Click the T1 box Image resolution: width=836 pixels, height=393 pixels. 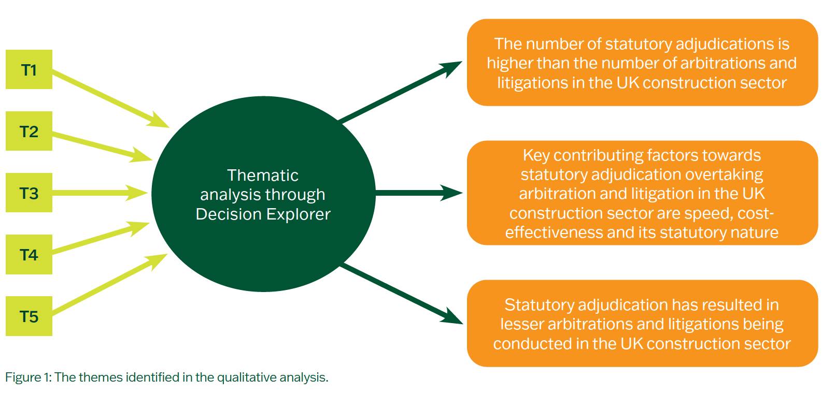pos(29,69)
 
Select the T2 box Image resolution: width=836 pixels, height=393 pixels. pos(29,131)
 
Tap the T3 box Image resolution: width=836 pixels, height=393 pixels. pos(29,193)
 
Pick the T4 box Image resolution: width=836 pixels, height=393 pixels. pos(29,254)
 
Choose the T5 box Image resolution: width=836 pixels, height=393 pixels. pos(29,316)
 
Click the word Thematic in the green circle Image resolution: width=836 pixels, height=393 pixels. pos(263,176)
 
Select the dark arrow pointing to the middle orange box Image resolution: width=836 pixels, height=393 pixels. pos(418,194)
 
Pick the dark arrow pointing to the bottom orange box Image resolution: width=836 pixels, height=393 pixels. pos(402,294)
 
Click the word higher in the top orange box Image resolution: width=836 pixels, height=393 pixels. pos(510,63)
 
